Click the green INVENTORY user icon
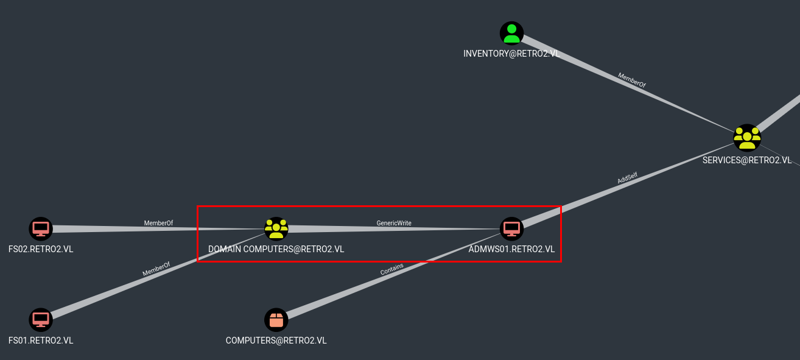511,34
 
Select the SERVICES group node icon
746,137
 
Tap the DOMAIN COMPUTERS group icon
276,228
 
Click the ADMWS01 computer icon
512,228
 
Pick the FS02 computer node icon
41,229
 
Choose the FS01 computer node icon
41,319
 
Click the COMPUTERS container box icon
276,319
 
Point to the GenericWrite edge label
394,223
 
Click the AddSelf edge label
627,178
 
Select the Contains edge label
391,270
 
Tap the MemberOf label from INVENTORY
631,80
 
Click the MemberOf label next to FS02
158,223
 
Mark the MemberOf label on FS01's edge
156,269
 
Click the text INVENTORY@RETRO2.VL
511,54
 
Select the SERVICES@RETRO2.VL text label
746,160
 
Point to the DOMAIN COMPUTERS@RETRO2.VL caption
276,249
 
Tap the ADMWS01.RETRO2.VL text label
511,249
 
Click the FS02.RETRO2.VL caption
41,249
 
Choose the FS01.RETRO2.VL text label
41,341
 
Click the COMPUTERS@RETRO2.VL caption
276,341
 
